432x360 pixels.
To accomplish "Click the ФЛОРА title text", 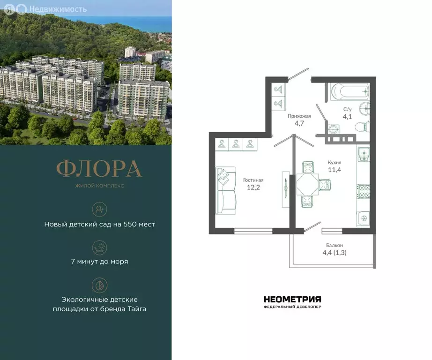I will [x=99, y=169].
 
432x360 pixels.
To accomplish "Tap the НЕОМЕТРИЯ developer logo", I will [x=292, y=299].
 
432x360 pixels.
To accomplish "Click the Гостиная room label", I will [x=253, y=180].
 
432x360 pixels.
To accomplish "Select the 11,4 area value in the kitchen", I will [x=335, y=170].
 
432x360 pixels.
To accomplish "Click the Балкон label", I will [x=335, y=245].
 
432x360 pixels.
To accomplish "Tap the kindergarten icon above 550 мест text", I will [x=99, y=209].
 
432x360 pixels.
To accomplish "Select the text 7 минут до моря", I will [x=99, y=262].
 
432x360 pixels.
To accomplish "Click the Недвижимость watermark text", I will [x=58, y=9].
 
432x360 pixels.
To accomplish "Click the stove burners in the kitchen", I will [x=364, y=191].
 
